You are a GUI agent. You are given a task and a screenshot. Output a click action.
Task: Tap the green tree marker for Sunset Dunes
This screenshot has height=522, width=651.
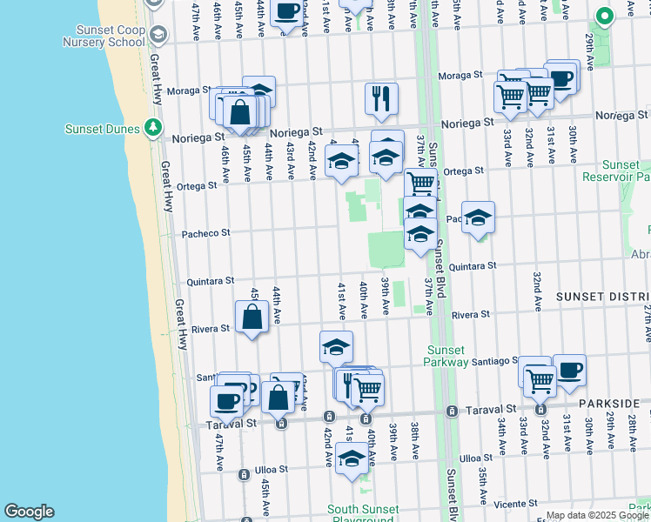click(x=153, y=128)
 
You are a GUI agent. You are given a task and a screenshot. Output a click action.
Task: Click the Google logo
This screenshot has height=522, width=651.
click(x=29, y=512)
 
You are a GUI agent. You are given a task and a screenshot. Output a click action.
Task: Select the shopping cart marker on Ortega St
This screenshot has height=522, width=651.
click(x=420, y=183)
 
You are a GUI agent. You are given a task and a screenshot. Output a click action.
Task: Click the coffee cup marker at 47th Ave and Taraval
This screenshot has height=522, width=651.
click(x=226, y=401)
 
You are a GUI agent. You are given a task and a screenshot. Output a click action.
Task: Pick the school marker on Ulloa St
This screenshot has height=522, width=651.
click(x=352, y=457)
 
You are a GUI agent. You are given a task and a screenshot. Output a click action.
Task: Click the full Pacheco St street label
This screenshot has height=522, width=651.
click(x=205, y=233)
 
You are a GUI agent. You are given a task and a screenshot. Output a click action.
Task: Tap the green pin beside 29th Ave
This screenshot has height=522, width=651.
click(x=604, y=16)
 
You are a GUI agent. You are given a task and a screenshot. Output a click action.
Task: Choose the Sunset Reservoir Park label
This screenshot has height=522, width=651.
click(x=621, y=171)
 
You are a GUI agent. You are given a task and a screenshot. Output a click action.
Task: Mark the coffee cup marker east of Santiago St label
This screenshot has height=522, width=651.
click(x=569, y=369)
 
